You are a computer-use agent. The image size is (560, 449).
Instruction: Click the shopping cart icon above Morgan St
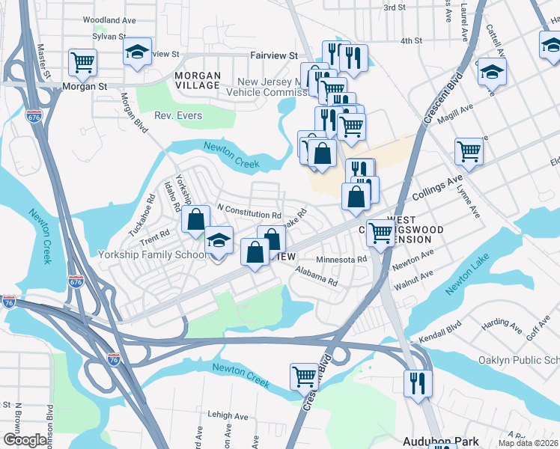[x=82, y=61]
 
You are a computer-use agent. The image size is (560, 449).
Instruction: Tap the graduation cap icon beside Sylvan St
[x=137, y=52]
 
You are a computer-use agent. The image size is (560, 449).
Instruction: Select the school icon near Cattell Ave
[x=492, y=72]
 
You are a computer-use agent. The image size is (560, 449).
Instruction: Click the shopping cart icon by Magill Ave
[x=469, y=150]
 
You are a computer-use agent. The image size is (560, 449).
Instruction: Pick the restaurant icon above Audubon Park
[x=416, y=383]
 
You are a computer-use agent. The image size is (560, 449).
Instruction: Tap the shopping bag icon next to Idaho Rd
[x=195, y=219]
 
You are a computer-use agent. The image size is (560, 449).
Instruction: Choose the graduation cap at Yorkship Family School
[x=219, y=241]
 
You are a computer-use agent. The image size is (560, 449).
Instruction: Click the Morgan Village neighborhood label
[x=198, y=81]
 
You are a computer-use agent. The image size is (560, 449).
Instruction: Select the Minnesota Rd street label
[x=341, y=260]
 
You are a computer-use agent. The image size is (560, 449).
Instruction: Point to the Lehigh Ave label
[x=228, y=416]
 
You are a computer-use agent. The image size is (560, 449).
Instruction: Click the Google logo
[x=25, y=440]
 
